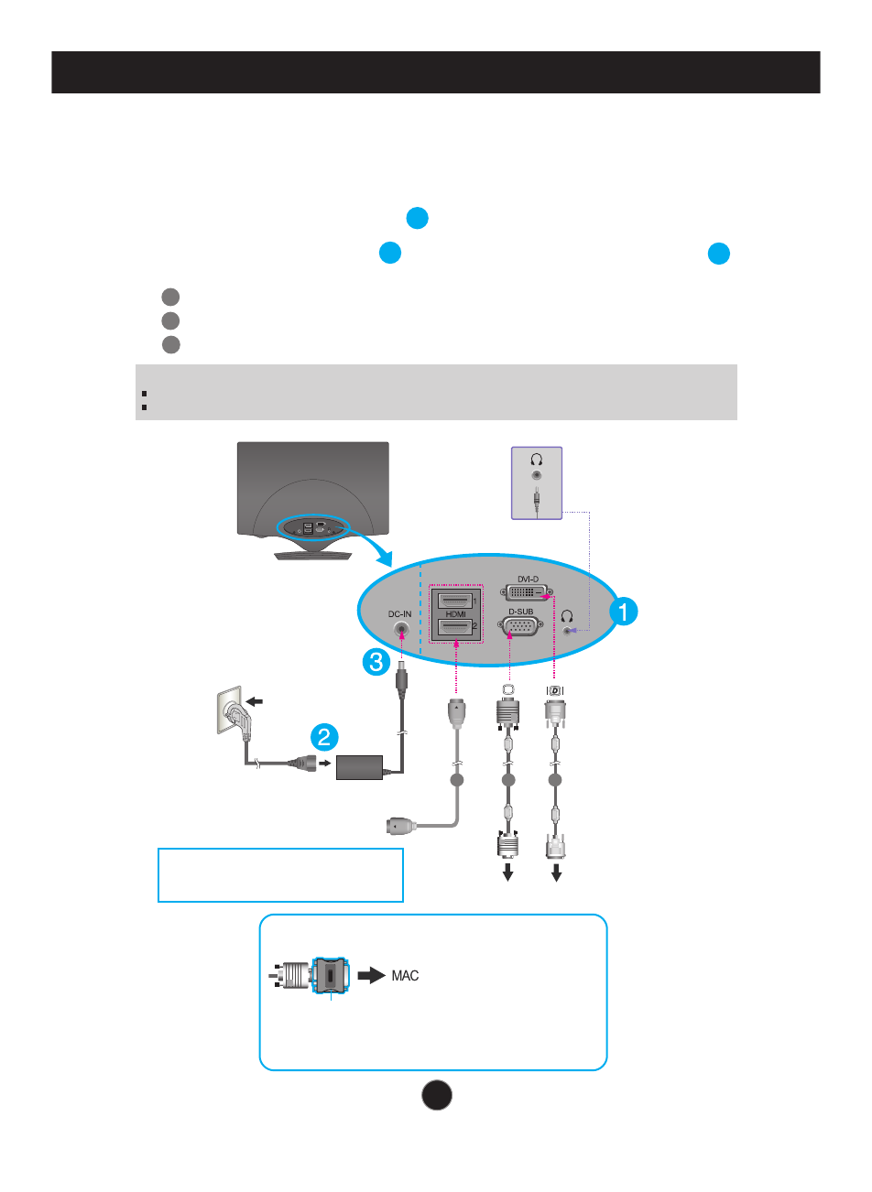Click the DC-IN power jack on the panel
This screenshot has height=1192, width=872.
click(400, 631)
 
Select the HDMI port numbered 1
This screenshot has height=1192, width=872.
click(454, 601)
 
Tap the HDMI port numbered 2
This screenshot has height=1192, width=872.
click(454, 626)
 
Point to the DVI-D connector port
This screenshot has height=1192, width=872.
click(528, 593)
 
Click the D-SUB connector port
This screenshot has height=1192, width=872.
click(520, 627)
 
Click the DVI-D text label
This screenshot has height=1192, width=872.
click(528, 580)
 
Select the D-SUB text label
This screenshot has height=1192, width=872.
click(520, 612)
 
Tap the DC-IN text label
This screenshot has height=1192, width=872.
click(400, 613)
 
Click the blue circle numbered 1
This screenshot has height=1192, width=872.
click(623, 612)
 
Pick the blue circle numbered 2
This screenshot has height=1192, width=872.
click(323, 737)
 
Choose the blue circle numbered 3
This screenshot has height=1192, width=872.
click(376, 662)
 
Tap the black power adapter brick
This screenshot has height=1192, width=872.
click(360, 767)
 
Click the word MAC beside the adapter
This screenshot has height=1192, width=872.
click(405, 976)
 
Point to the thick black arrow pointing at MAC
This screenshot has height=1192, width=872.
click(371, 976)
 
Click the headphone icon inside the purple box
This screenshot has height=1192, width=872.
click(537, 460)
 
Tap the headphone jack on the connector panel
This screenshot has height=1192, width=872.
click(571, 630)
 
